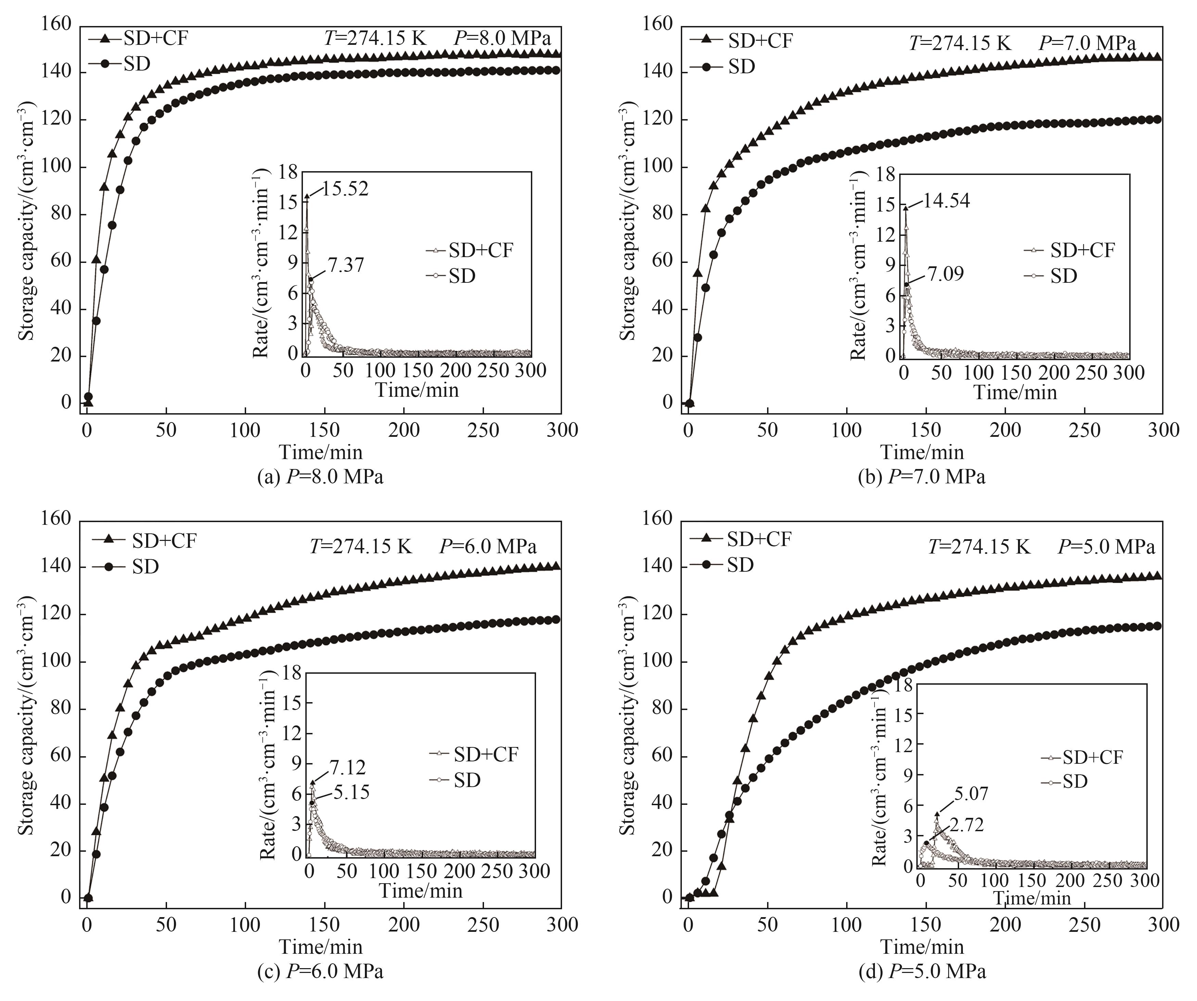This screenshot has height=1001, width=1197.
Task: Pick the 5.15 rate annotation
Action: click(350, 793)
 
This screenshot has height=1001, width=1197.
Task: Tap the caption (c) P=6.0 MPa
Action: click(320, 971)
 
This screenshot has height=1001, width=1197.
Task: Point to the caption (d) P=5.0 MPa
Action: click(922, 971)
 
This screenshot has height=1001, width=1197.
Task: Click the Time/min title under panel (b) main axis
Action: click(922, 452)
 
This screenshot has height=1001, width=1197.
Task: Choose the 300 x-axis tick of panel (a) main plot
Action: click(561, 430)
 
